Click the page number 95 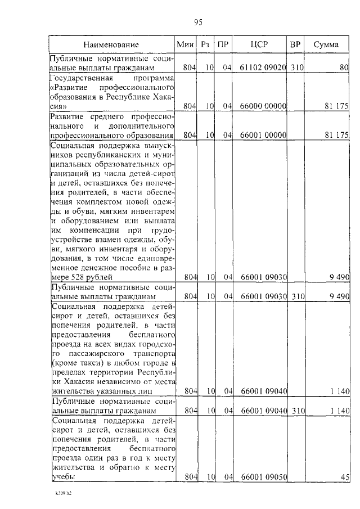(x=198, y=22)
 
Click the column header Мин (x=185, y=44)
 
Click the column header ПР (x=223, y=44)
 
